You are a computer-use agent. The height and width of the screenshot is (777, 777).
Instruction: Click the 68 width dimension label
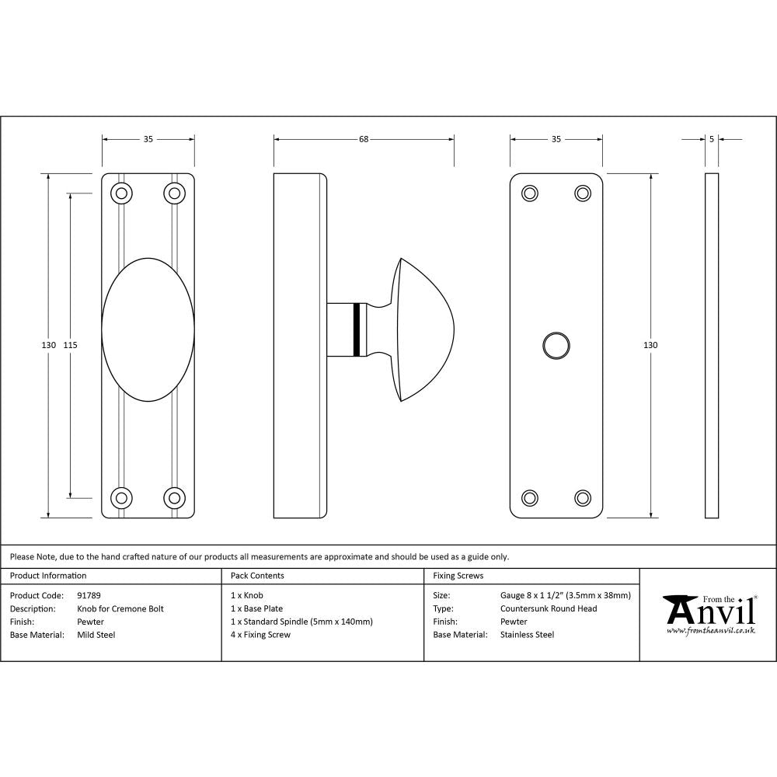(363, 140)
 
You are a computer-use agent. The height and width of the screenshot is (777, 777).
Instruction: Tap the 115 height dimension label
(71, 345)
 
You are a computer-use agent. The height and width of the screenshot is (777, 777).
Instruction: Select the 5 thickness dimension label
(712, 140)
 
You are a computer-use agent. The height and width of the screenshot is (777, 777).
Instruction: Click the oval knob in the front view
(148, 329)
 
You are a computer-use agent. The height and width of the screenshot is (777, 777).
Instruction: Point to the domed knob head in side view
(423, 329)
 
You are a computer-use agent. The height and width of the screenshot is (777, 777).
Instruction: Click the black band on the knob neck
(357, 329)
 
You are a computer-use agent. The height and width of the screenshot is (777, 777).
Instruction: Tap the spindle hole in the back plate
(556, 346)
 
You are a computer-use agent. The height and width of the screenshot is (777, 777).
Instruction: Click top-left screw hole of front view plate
(121, 193)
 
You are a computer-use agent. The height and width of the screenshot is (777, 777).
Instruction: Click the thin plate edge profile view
(712, 345)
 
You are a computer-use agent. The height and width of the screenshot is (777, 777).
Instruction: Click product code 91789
(89, 595)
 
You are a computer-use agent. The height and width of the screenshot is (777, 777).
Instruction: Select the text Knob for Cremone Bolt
(120, 608)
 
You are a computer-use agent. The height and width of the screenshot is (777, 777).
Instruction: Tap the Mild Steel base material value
(96, 635)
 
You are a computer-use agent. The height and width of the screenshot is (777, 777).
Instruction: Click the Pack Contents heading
(257, 576)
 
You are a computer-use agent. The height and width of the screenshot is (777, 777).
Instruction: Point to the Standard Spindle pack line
(301, 622)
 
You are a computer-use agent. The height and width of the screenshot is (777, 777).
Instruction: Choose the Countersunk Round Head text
(549, 608)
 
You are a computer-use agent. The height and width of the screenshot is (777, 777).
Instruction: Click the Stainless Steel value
(527, 635)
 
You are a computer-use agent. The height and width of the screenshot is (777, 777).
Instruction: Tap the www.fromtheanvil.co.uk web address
(710, 631)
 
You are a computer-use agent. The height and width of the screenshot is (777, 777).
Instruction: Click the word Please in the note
(22, 556)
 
